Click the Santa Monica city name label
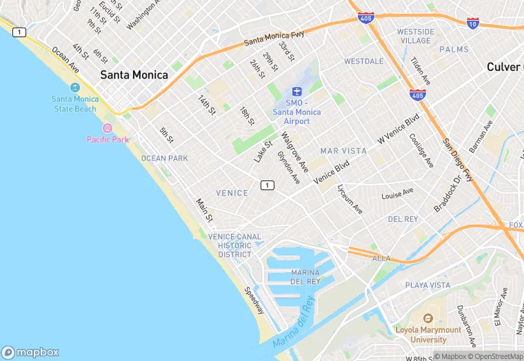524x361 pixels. [134, 75]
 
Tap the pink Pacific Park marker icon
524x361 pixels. [108, 128]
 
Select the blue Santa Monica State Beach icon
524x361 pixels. [75, 88]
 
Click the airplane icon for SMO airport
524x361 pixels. [297, 92]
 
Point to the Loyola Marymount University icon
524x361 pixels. [427, 318]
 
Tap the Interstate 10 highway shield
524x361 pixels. [473, 23]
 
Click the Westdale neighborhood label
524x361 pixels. [363, 61]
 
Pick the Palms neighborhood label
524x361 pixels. [454, 50]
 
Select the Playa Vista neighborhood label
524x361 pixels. [427, 285]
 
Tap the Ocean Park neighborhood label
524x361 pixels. [164, 158]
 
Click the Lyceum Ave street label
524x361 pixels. [350, 199]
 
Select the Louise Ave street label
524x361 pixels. [397, 194]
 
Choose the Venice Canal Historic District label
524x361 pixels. [234, 245]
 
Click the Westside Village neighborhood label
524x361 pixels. [416, 36]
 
